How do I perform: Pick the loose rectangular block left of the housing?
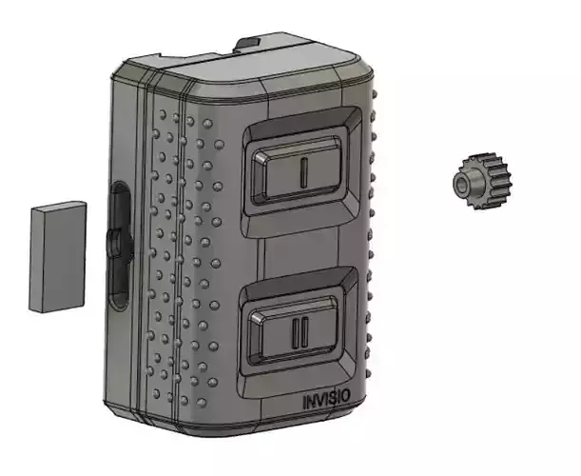click(x=56, y=259)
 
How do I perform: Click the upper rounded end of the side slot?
click(x=121, y=190)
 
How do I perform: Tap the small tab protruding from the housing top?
click(x=250, y=43)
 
